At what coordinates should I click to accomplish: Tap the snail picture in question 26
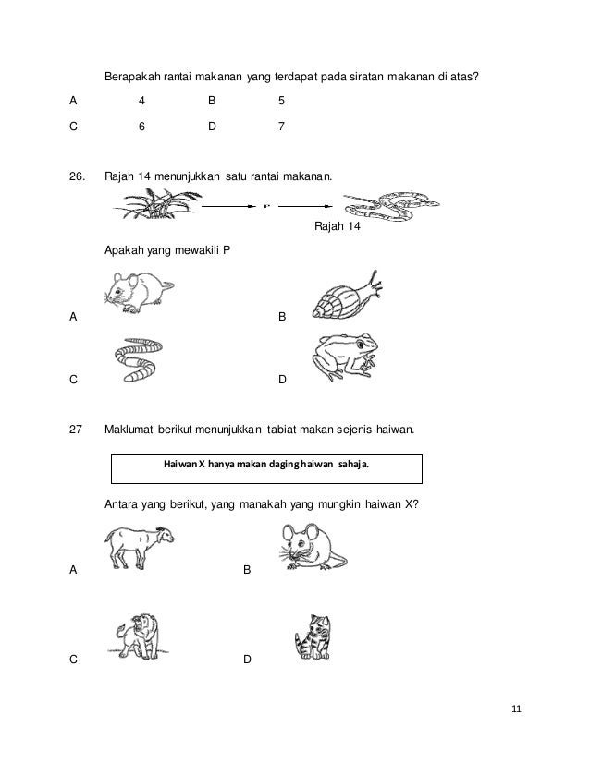pos(344,297)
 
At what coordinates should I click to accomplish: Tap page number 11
pos(516,708)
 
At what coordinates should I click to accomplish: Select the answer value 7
pos(280,128)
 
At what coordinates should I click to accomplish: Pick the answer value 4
pos(141,100)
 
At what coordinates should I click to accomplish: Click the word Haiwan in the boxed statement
pos(177,465)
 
